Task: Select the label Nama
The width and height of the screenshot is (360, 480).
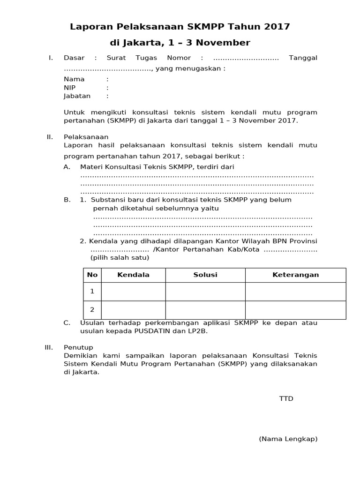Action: coord(74,79)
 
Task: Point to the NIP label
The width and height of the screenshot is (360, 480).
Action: coord(69,88)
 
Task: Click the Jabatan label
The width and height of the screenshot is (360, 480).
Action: coord(77,96)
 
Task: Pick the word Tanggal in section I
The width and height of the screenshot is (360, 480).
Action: coord(303,58)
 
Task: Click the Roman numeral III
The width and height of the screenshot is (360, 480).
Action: coord(49,347)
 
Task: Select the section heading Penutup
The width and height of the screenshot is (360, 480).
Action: coord(78,347)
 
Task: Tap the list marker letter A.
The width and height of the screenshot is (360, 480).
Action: coord(67,167)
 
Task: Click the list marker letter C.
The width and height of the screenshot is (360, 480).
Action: coord(67,322)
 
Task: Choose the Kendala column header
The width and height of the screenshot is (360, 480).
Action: coord(133,275)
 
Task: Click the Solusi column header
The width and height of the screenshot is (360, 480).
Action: coord(205,275)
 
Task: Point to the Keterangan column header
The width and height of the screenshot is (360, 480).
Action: coord(295,275)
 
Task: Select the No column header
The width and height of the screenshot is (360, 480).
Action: coord(92,275)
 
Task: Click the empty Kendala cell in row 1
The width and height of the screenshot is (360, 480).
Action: coord(133,291)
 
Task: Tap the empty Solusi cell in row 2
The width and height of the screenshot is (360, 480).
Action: coord(205,309)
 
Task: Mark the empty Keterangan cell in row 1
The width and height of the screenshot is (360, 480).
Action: coord(295,291)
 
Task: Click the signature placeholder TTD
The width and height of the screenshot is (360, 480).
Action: coord(286,398)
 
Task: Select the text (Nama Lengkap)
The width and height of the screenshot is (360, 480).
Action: coord(288,439)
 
